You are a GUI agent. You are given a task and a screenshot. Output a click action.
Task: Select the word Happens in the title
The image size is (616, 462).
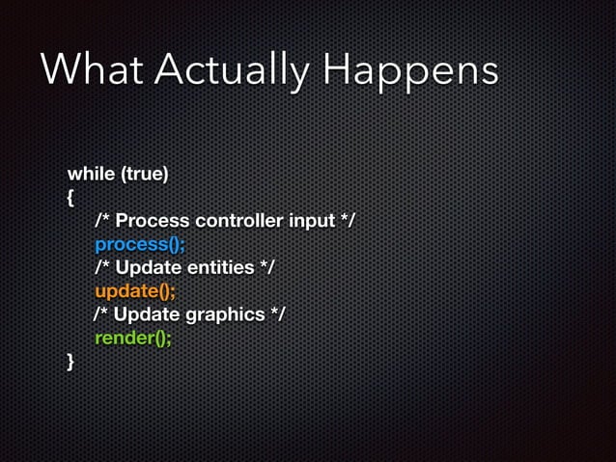(411, 70)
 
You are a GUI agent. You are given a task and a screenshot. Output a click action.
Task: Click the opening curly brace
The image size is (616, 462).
(70, 199)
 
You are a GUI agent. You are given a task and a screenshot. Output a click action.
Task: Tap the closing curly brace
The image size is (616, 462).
(70, 361)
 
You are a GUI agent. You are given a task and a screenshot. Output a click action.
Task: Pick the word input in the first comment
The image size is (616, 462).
(311, 222)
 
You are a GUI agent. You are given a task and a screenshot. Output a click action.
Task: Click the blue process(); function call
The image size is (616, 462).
(140, 245)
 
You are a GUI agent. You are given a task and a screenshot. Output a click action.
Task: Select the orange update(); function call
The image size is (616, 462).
(135, 291)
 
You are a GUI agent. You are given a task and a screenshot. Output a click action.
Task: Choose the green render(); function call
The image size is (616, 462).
(133, 338)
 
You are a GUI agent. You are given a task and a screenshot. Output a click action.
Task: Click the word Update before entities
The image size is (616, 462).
(146, 268)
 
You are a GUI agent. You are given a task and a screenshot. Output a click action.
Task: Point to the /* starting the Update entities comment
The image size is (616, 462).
(102, 268)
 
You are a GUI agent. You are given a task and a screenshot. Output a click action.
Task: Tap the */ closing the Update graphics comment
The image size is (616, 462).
(277, 314)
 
